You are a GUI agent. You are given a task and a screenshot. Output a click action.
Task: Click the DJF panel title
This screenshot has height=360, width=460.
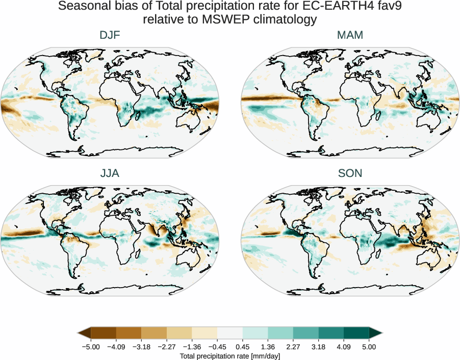[x=110, y=35]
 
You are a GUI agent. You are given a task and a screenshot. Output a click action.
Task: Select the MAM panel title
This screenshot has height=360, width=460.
[x=350, y=35]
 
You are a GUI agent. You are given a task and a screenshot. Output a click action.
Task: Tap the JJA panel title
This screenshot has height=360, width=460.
[x=110, y=173]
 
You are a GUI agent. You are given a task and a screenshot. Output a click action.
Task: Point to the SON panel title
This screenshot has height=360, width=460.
[x=350, y=173]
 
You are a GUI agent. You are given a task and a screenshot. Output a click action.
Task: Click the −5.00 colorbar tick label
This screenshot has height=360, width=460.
[x=91, y=347]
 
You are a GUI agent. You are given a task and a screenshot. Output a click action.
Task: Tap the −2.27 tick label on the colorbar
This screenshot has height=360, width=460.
[x=167, y=347]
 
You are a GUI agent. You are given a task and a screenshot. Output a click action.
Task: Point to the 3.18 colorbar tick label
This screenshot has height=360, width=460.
[x=318, y=347]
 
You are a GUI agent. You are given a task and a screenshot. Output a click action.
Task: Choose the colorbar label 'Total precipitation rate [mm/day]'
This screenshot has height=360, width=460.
[x=230, y=356]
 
